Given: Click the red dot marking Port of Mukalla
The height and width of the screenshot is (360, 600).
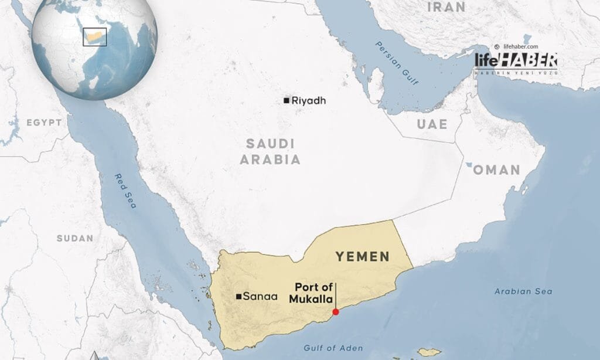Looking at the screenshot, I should tap(335, 312).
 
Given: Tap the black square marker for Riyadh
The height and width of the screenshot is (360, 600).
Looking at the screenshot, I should tap(286, 101).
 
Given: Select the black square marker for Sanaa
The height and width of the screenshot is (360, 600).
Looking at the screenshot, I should tap(238, 297).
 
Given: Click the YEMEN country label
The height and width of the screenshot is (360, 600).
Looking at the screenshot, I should tap(362, 256).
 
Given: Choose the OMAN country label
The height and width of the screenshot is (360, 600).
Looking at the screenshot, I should tap(497, 170).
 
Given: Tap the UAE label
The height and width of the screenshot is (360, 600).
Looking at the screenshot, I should tap(432, 124).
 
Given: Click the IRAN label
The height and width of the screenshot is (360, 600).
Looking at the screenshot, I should tap(446, 7).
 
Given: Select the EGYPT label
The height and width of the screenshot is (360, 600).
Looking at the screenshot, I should tap(43, 123).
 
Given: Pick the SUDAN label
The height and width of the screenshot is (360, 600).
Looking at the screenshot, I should tap(74, 238).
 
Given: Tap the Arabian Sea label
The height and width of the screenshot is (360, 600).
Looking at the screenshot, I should tap(523, 291).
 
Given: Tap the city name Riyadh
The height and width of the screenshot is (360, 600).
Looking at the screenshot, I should tap(308, 101).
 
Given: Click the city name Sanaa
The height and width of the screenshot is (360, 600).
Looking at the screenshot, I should tap(257, 297).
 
